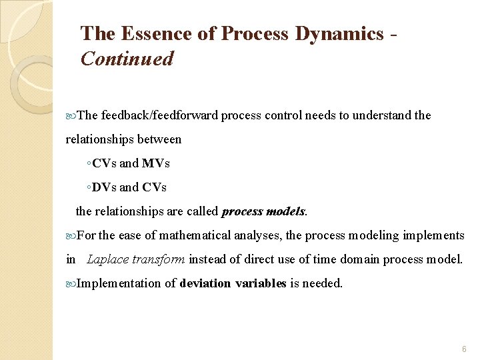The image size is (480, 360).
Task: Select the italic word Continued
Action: coord(127,59)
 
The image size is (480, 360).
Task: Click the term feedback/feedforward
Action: coord(161,115)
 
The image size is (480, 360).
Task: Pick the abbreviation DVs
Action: coord(104,187)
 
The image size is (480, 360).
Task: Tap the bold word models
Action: coord(285,211)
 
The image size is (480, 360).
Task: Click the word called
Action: coord(203,211)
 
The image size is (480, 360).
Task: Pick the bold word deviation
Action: coord(206,283)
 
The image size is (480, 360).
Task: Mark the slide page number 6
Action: coord(464,349)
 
